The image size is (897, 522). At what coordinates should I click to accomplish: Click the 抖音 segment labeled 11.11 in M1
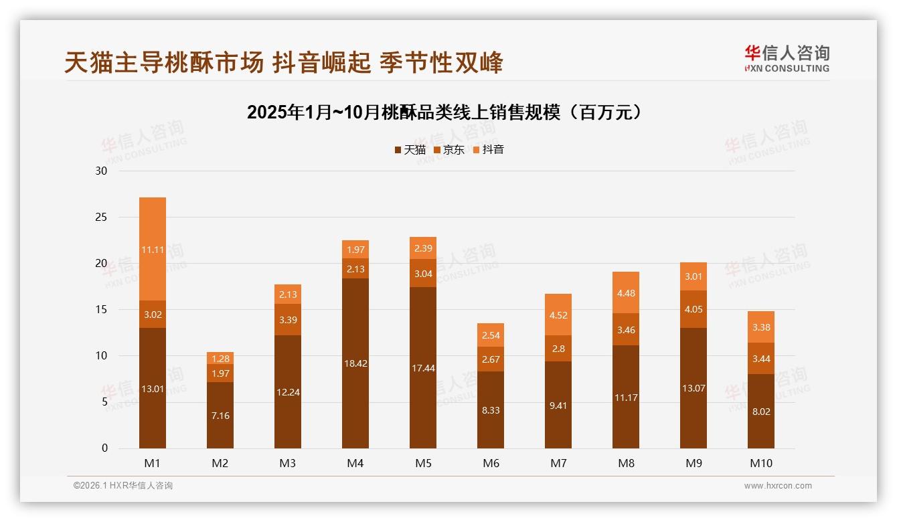tap(153, 249)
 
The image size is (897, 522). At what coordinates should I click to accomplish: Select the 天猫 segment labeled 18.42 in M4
tap(355, 363)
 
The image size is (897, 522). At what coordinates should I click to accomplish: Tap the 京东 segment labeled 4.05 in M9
tap(694, 309)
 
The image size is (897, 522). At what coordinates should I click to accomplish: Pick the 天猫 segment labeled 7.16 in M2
tap(220, 416)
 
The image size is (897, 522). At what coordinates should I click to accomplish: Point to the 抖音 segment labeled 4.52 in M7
tap(558, 315)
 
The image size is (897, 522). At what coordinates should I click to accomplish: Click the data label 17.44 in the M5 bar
tap(423, 368)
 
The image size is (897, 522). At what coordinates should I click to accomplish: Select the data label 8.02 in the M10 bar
tap(761, 412)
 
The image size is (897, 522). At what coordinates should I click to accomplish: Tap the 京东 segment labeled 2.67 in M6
tap(491, 359)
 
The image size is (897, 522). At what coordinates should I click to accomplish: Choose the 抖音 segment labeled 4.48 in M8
tap(626, 292)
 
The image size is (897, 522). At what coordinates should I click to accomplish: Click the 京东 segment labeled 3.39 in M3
tap(288, 320)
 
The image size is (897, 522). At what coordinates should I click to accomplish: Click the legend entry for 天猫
tap(410, 150)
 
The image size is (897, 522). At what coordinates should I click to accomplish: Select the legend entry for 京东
tap(449, 150)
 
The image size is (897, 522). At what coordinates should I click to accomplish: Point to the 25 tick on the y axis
tap(101, 217)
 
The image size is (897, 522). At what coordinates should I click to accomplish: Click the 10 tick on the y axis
tap(101, 356)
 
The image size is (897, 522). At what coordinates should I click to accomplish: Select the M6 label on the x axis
tap(491, 463)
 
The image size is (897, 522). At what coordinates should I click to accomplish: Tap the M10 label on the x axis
tap(761, 463)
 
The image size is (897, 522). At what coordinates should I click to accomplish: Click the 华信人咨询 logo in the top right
tap(787, 58)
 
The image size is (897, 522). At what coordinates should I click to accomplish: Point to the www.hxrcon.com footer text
tap(778, 486)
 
